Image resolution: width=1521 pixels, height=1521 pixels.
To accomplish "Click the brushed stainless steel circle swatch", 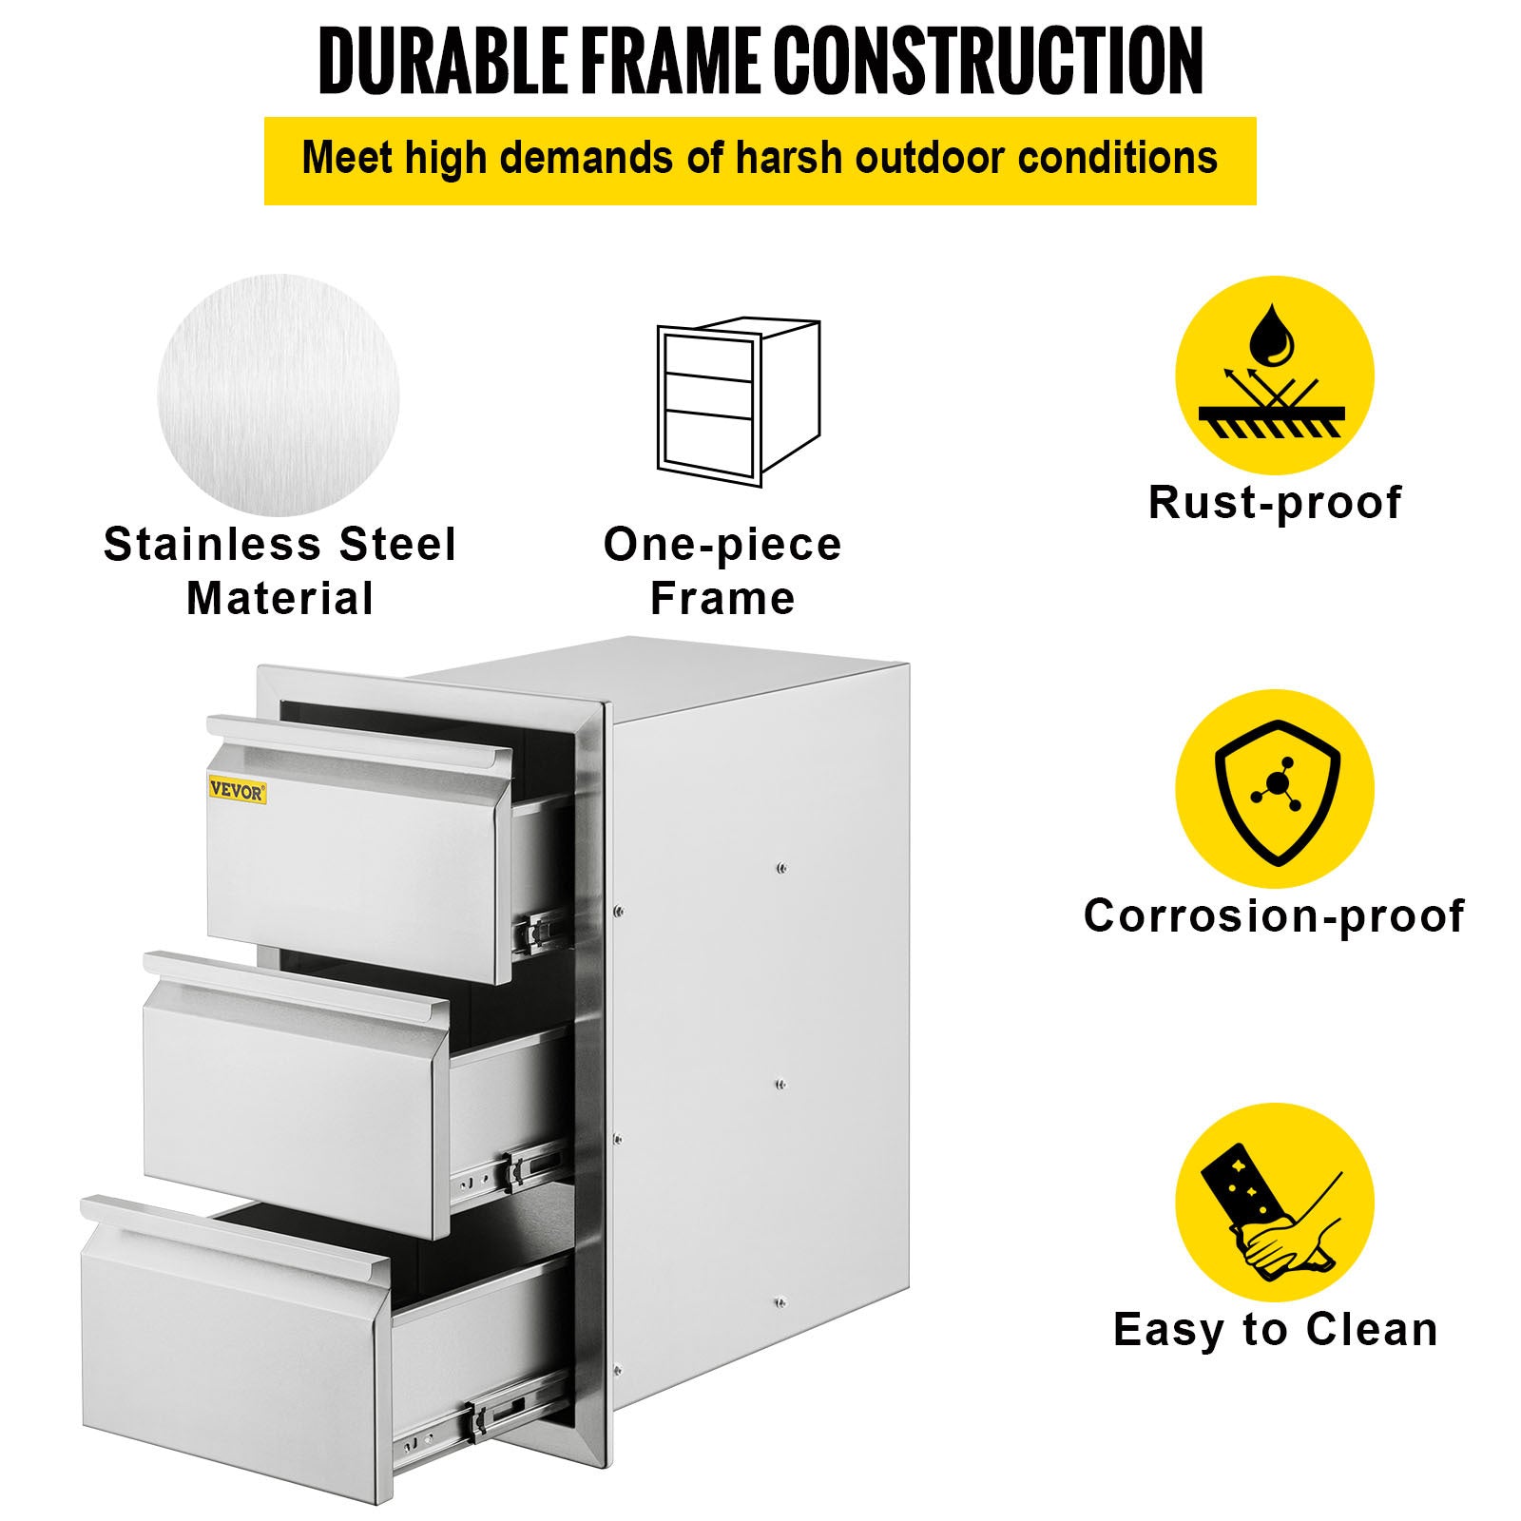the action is click(x=279, y=395).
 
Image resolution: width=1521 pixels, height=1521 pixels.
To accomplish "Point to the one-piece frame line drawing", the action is click(x=739, y=402).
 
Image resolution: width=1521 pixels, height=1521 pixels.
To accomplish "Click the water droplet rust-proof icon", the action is click(x=1274, y=375).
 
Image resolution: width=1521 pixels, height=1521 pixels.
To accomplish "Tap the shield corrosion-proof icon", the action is click(x=1274, y=789).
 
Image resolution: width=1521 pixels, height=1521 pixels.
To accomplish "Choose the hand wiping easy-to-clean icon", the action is click(x=1274, y=1202).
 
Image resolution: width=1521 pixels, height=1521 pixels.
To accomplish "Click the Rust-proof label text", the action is click(x=1275, y=503).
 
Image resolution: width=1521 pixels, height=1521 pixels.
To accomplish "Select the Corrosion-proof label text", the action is click(x=1274, y=916).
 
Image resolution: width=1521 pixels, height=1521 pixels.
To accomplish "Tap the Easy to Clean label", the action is click(x=1275, y=1329).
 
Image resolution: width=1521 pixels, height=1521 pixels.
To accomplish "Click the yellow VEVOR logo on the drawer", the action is click(x=238, y=790).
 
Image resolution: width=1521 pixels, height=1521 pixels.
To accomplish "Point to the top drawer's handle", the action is click(x=359, y=745).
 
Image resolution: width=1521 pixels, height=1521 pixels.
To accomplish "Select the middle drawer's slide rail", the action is click(x=510, y=1170).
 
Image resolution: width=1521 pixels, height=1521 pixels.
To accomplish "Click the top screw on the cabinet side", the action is click(x=780, y=867).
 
